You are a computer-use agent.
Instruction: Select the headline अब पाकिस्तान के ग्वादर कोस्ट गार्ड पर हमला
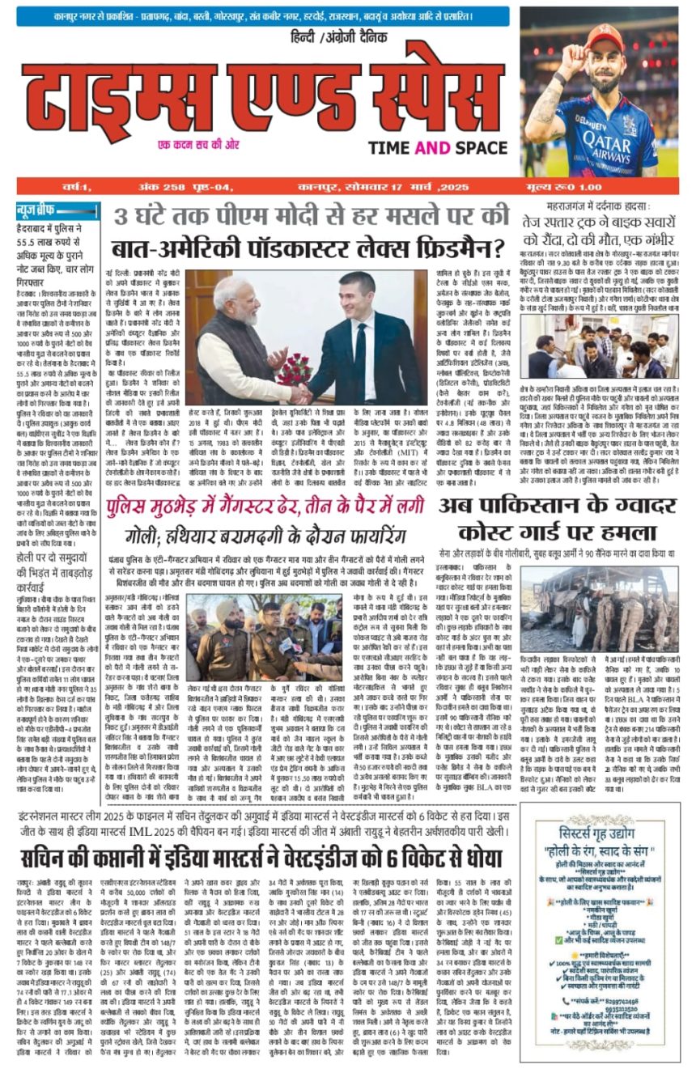(x=559, y=521)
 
